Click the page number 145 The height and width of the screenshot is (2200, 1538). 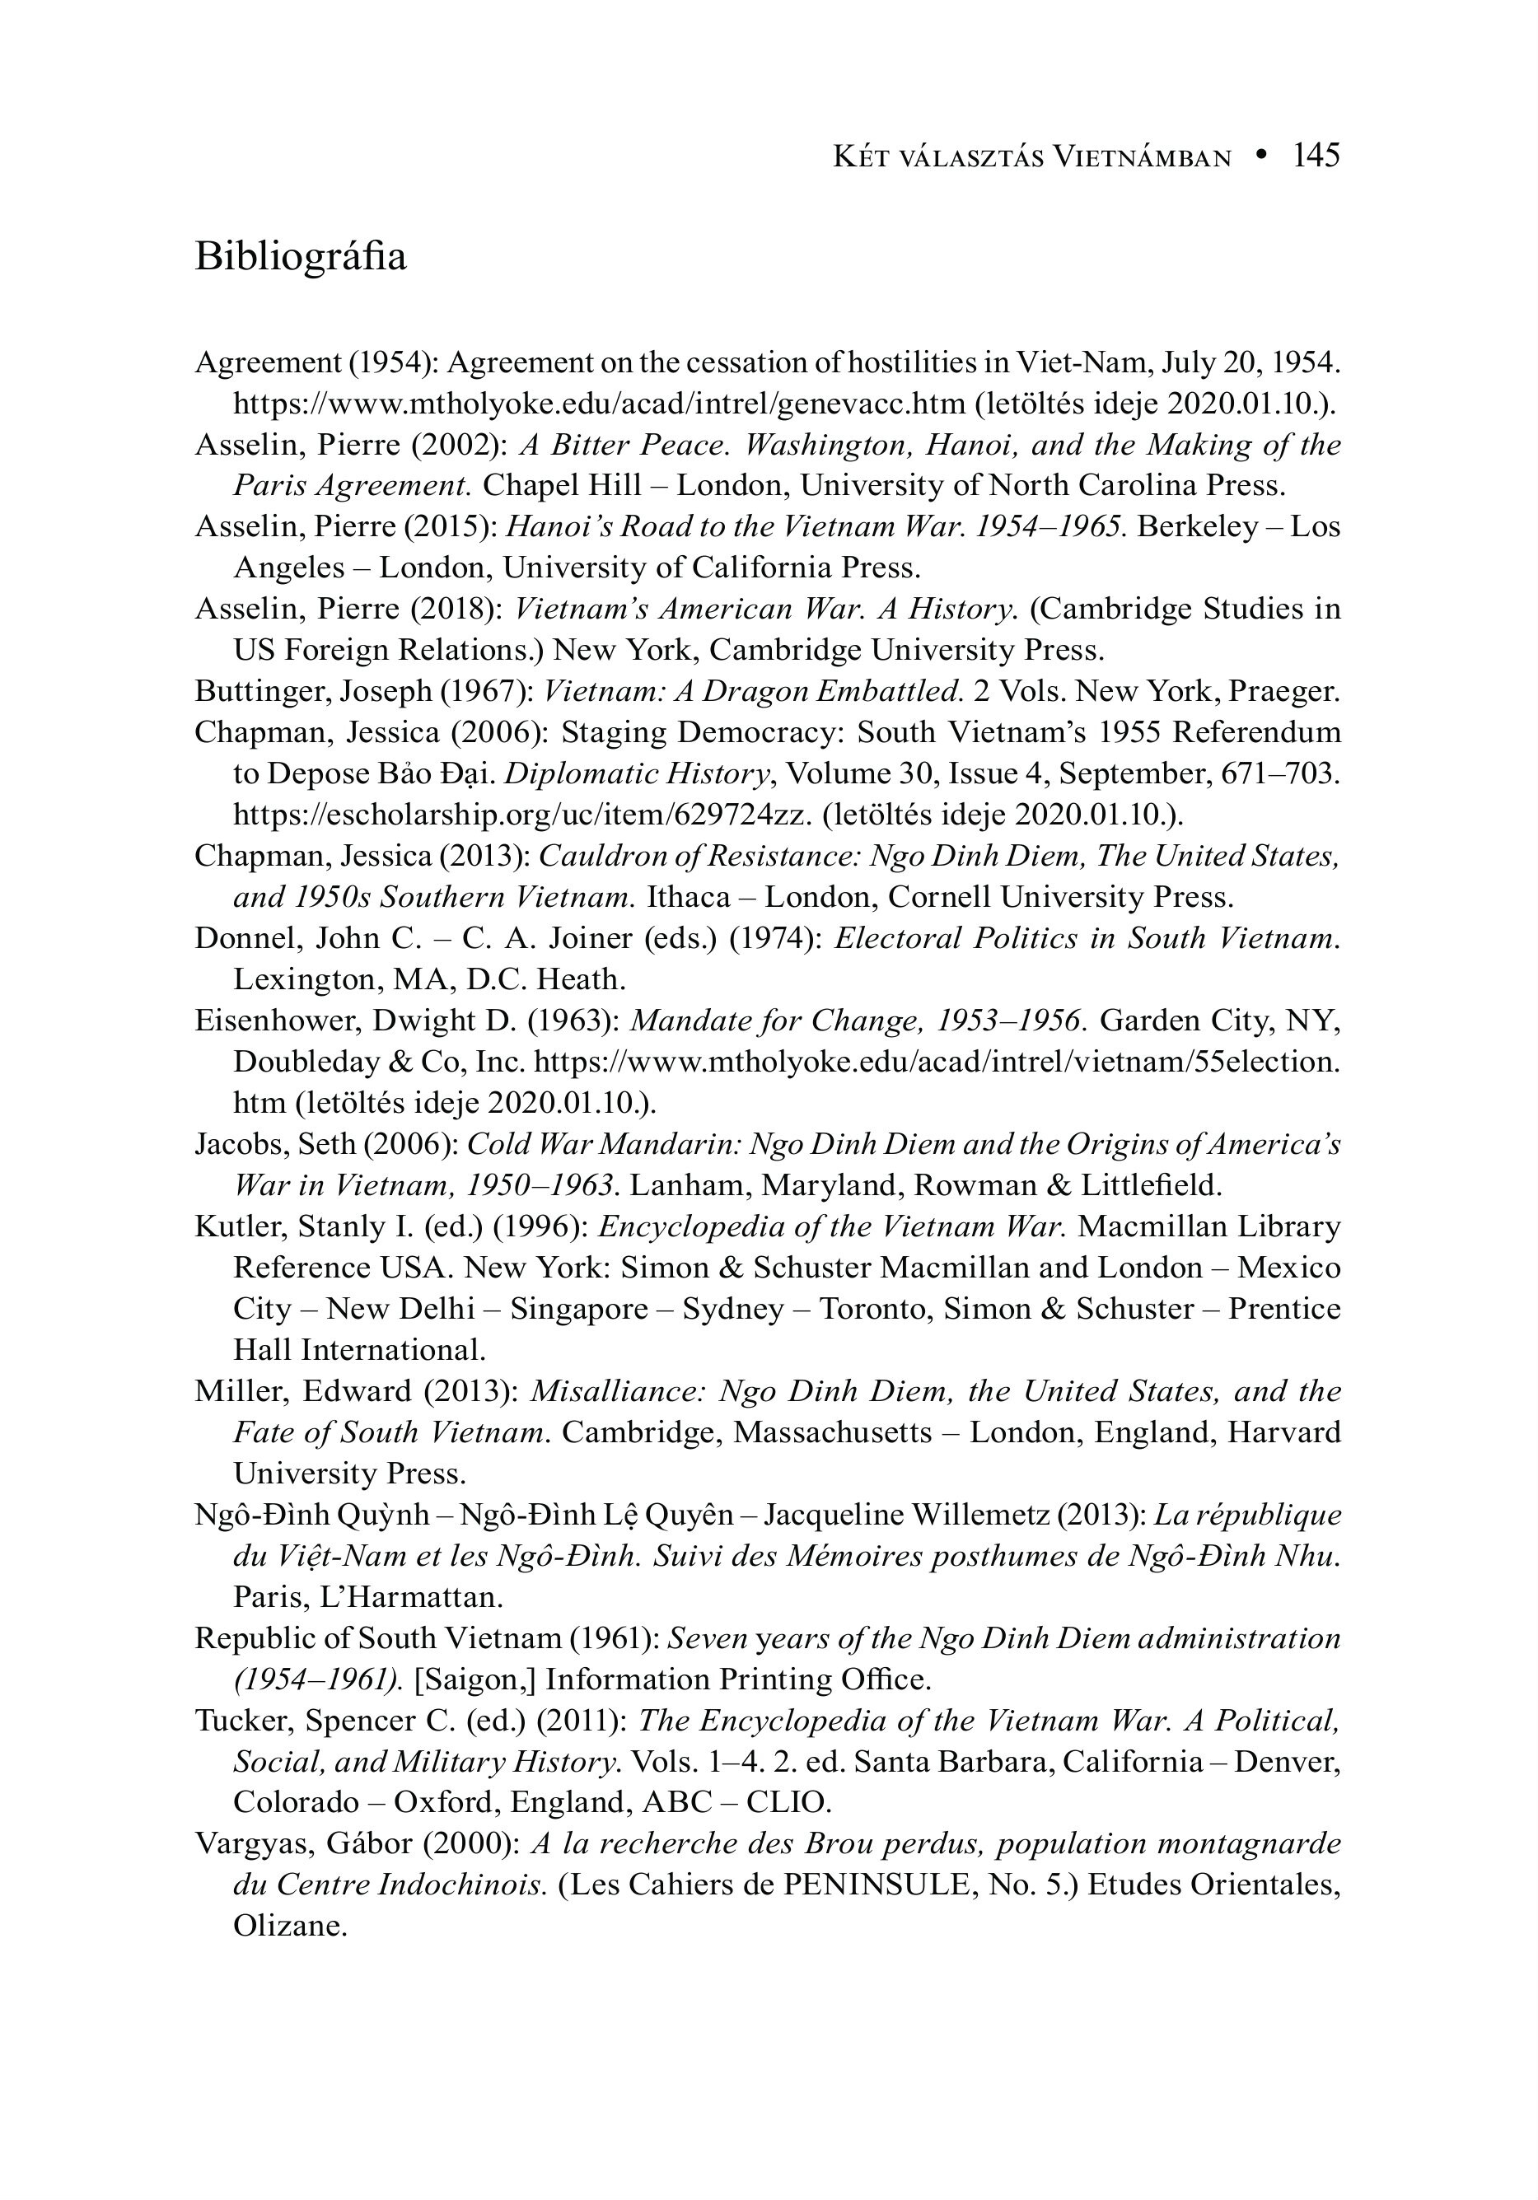pos(1316,155)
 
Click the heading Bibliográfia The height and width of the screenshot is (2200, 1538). pos(300,257)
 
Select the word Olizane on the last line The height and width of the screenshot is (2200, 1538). pos(289,1926)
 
